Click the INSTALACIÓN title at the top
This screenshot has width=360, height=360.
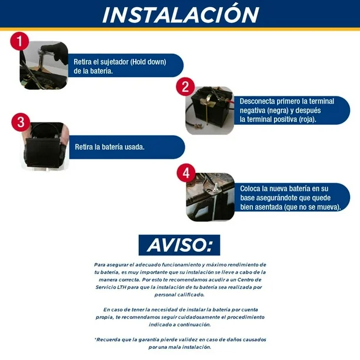(181, 14)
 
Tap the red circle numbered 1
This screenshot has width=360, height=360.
(19, 41)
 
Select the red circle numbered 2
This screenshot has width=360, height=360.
(185, 87)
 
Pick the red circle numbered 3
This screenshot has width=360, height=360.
(21, 122)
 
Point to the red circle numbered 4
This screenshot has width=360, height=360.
(186, 173)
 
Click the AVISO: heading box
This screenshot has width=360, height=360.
(179, 245)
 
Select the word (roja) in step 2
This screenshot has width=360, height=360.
(308, 119)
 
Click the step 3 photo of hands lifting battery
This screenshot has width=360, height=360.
(45, 146)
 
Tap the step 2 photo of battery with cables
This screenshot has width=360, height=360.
(209, 111)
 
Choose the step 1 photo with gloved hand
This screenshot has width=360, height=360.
(44, 65)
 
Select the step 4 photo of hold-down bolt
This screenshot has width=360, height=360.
(211, 197)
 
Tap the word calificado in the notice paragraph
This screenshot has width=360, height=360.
(192, 295)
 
